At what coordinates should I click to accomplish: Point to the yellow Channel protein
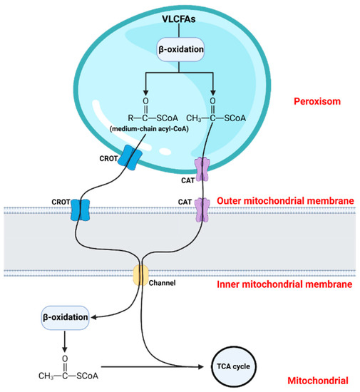[140, 274]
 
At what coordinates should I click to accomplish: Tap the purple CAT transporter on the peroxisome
[203, 171]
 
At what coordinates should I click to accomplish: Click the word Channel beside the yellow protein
[168, 282]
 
